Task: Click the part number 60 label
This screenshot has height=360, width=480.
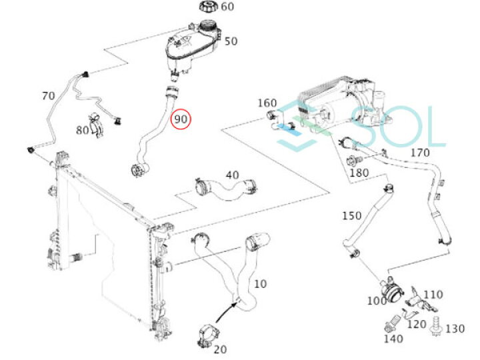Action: click(x=227, y=7)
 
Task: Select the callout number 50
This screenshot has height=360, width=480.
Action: click(x=231, y=41)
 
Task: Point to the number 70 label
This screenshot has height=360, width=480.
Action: click(x=48, y=96)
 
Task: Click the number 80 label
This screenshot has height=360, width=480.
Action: click(x=83, y=130)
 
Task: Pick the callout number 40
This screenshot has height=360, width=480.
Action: click(x=231, y=175)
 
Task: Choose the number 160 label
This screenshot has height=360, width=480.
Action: click(x=267, y=103)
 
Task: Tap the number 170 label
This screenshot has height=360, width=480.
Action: click(x=420, y=153)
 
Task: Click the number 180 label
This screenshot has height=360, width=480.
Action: click(x=359, y=173)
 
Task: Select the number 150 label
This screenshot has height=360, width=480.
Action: click(x=351, y=215)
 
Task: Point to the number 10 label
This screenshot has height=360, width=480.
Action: click(x=260, y=283)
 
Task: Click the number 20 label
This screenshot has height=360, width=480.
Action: click(x=219, y=349)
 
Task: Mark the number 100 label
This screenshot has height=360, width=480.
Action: click(x=376, y=301)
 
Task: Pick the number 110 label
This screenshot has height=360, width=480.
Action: click(x=433, y=294)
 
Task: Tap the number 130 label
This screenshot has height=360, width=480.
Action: click(x=455, y=328)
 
